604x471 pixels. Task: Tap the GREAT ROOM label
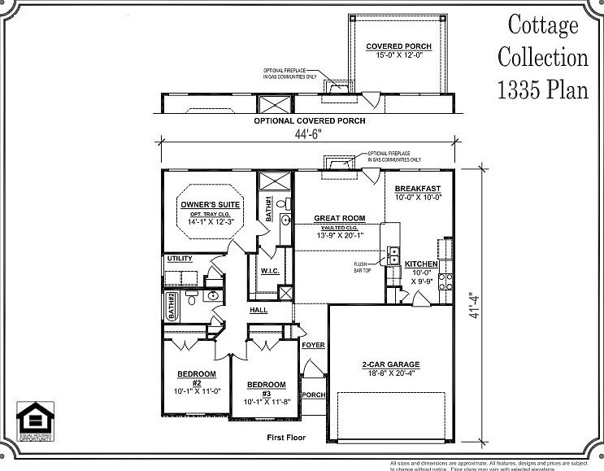point(339,218)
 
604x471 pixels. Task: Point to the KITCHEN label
point(422,264)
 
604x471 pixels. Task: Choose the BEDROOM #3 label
point(266,385)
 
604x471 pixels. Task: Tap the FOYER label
point(313,346)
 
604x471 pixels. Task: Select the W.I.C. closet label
point(271,272)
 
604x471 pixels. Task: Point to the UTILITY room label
point(180,259)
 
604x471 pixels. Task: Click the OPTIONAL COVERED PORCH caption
point(309,120)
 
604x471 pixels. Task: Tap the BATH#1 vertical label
point(268,209)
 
